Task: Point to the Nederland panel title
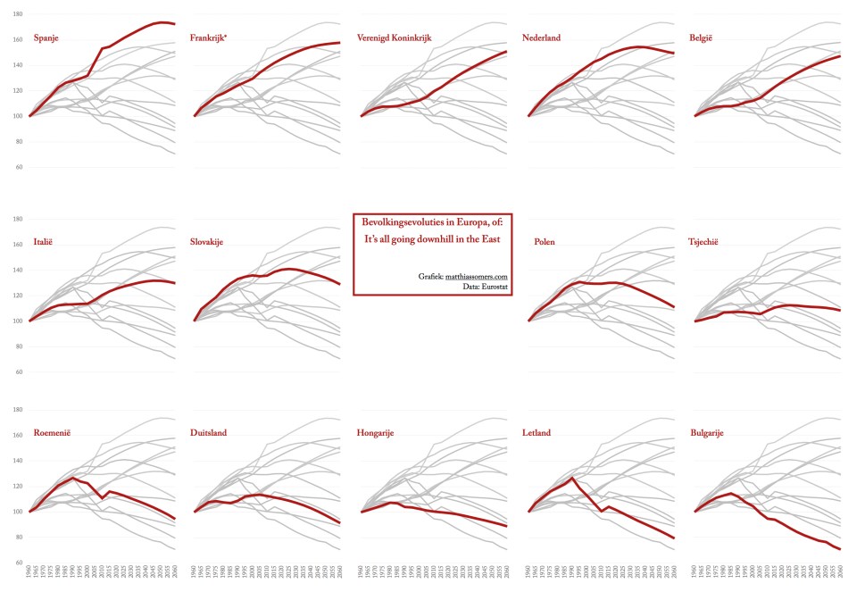tap(554, 38)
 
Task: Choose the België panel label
tap(706, 38)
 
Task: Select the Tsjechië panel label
tap(711, 241)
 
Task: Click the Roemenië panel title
tap(52, 433)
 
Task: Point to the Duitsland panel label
tap(209, 433)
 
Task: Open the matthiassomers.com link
tap(477, 278)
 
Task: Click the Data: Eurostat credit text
tap(486, 288)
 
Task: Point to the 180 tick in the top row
tap(19, 15)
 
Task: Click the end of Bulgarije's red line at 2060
tap(840, 549)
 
